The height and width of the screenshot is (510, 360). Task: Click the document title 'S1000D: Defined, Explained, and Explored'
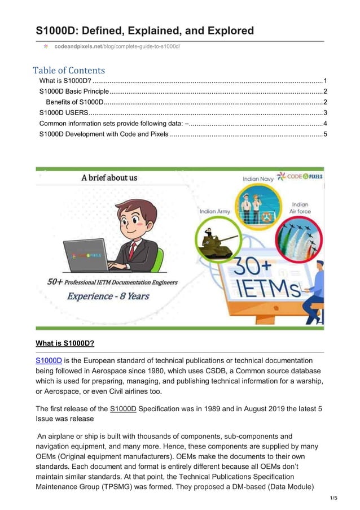point(144,30)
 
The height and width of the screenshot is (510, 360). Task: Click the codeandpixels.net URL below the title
point(117,45)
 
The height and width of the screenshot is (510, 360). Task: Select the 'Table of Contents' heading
point(69,71)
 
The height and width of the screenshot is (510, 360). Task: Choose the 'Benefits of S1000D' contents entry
point(74,102)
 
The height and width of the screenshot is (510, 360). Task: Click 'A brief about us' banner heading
point(109,178)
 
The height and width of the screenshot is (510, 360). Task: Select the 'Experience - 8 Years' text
point(108,295)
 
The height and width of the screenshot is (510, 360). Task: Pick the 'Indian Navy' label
point(258,179)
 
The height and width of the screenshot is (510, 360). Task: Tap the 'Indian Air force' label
point(300,208)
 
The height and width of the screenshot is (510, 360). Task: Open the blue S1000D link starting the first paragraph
point(49,360)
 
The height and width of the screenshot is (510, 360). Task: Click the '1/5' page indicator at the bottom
point(333,498)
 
